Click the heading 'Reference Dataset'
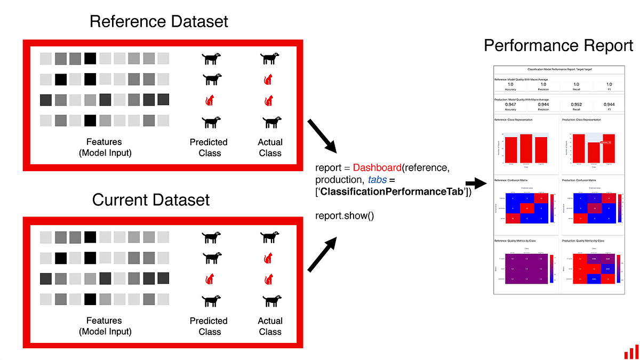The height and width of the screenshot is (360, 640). point(159,21)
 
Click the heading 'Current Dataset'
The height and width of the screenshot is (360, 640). point(151,200)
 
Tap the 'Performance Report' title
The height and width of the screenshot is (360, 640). point(558,46)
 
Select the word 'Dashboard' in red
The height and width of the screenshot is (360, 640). point(377,168)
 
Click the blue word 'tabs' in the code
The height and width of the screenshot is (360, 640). point(377,180)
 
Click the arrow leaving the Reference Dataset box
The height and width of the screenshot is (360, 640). point(322,135)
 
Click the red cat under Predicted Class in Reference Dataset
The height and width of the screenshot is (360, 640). point(210,100)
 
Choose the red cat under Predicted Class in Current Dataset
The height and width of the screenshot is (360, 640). point(210,279)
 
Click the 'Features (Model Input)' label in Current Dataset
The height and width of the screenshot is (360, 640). point(105,326)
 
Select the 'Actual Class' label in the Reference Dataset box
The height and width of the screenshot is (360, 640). point(270,147)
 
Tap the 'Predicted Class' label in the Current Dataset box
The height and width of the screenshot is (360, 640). point(209,326)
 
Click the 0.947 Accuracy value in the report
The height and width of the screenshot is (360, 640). point(510,105)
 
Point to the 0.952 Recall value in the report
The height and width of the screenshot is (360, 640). point(576,105)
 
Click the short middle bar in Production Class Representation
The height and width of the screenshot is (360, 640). point(594,153)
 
